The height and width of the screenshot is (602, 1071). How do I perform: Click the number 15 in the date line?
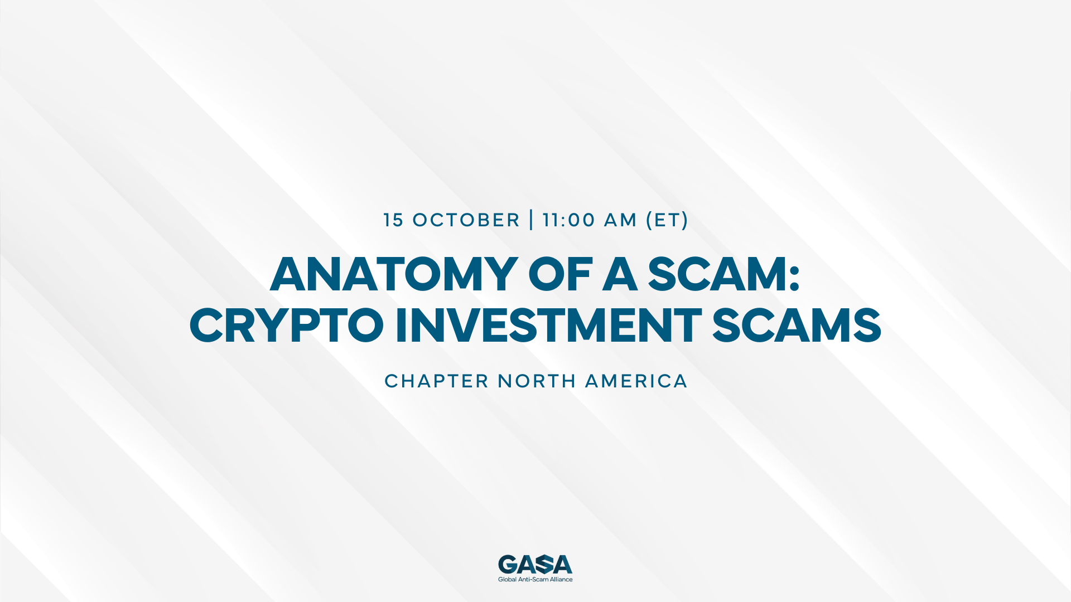coord(393,220)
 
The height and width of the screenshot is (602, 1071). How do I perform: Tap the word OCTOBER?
coord(466,220)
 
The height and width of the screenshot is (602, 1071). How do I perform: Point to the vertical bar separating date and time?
coord(531,220)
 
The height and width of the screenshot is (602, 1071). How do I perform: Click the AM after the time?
coord(620,220)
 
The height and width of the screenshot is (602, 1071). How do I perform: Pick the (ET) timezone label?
coord(667,220)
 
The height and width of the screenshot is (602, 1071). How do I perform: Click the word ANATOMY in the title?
coord(393,274)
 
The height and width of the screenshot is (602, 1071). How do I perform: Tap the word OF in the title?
coord(560,274)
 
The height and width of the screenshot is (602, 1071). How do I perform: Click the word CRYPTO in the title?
coord(286,326)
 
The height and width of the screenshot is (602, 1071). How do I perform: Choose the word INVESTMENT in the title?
coord(548,326)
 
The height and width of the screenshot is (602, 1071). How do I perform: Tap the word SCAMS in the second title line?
coord(797,326)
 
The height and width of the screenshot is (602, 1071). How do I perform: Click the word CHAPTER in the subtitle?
coord(437,381)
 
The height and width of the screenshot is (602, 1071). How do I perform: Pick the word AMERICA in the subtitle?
coord(636,381)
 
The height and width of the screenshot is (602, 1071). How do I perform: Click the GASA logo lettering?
coord(535,564)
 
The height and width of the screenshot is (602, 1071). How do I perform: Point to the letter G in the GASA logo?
coord(508,564)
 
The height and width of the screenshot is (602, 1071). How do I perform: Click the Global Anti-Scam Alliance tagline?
coord(535,580)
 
